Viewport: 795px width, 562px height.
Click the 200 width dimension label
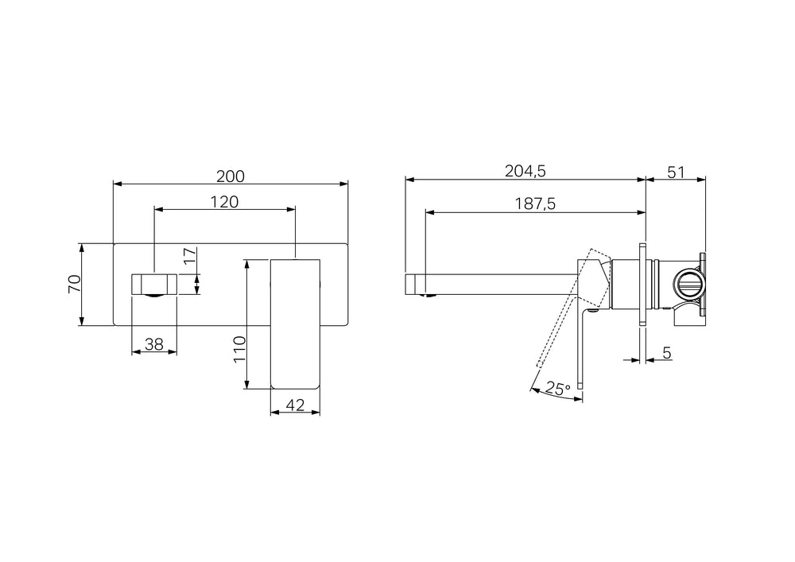pyautogui.click(x=231, y=176)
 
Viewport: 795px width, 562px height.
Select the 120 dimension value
pyautogui.click(x=224, y=202)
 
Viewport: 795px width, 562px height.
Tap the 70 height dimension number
pyautogui.click(x=75, y=284)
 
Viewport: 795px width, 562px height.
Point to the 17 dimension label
pyautogui.click(x=189, y=256)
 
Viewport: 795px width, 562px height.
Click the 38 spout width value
pyautogui.click(x=154, y=345)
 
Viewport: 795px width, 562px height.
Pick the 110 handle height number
pyautogui.click(x=238, y=349)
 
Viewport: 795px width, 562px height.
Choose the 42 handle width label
pyautogui.click(x=295, y=405)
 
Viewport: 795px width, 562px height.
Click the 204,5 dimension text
pyautogui.click(x=525, y=172)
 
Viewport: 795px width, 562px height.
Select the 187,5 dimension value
pyautogui.click(x=535, y=203)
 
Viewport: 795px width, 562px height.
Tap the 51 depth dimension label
pyautogui.click(x=676, y=172)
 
